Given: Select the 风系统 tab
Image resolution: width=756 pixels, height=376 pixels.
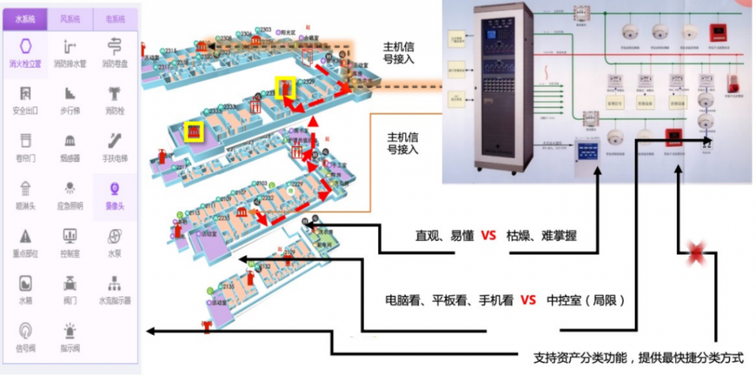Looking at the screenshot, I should [71, 18].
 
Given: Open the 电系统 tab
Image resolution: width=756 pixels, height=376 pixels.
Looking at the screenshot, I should [114, 18].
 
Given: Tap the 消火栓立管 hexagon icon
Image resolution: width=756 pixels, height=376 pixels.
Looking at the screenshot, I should [26, 45].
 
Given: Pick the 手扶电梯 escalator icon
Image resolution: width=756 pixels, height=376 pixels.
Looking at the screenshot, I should [114, 140].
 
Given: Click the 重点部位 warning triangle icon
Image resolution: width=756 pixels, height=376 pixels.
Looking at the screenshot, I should [26, 236].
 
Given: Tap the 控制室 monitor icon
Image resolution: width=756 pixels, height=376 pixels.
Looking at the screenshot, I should [70, 236].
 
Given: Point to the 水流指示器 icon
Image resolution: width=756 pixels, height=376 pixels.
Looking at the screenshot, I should [114, 283].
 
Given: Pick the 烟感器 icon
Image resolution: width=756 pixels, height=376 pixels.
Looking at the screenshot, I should [70, 140].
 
